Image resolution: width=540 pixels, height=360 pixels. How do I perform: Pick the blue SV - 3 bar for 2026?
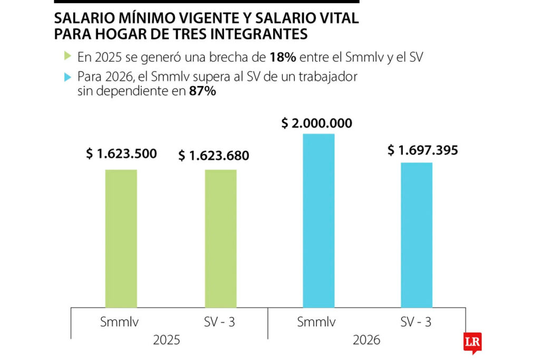coord(417,235)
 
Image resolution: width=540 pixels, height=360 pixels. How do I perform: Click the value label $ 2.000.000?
coord(316,123)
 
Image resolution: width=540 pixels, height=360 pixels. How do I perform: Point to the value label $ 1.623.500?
coord(122,154)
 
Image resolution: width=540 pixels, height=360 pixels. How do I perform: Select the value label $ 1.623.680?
coord(214,156)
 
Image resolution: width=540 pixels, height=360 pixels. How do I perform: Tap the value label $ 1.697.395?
coord(423,150)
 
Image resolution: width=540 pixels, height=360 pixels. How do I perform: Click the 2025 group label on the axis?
coord(167,340)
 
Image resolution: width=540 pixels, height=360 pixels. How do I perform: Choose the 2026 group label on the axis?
coord(367,340)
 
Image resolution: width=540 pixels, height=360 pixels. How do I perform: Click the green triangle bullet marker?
coord(67,55)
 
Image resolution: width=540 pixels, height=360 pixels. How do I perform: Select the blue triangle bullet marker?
coord(67,77)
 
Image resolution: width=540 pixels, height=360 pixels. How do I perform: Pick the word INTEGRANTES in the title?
coord(266,35)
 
